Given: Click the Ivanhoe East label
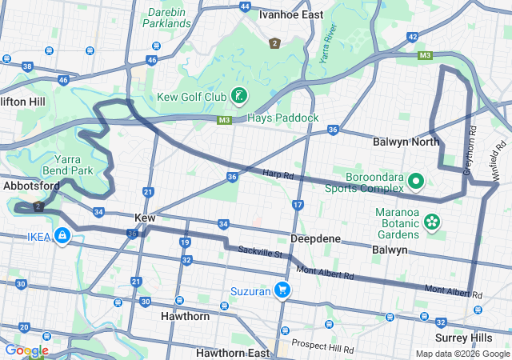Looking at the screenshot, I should pyautogui.click(x=290, y=14).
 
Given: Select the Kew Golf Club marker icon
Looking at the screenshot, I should pyautogui.click(x=238, y=97).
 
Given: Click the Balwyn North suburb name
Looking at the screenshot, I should pyautogui.click(x=406, y=142).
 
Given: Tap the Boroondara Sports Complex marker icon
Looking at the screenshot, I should pyautogui.click(x=415, y=182).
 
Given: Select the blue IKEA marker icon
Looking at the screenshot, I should pyautogui.click(x=62, y=236).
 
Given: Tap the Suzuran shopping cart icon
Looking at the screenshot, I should pyautogui.click(x=282, y=290).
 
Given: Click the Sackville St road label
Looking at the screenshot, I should pyautogui.click(x=261, y=254).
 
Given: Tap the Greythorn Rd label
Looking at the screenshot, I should pyautogui.click(x=472, y=150).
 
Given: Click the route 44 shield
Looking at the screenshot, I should pyautogui.click(x=244, y=6).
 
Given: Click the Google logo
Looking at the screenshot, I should pyautogui.click(x=26, y=350).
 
